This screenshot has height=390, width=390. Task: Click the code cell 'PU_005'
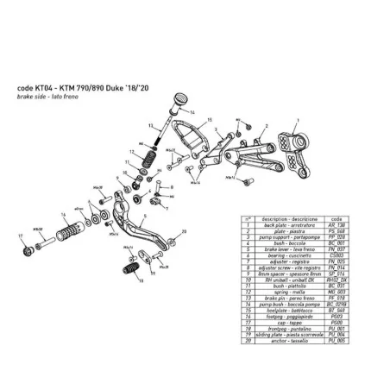[x=348, y=340]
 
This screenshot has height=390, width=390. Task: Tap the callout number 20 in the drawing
[x=183, y=232]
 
